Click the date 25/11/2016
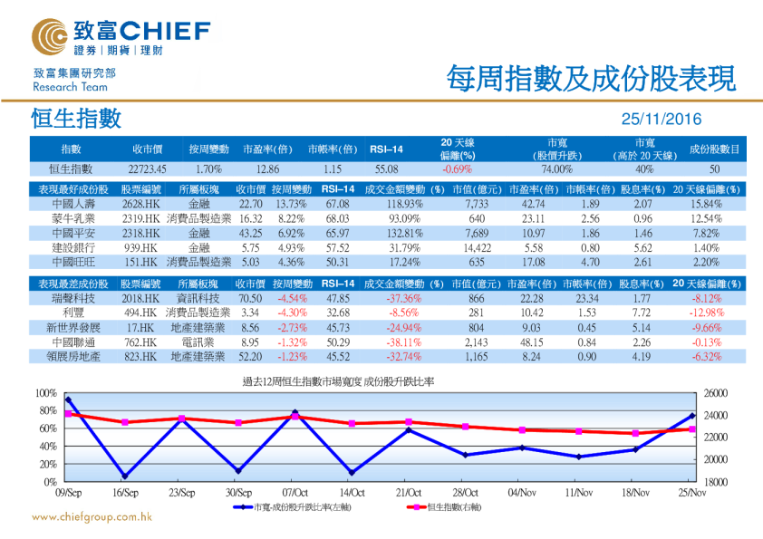[x=661, y=120]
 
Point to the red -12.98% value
[x=706, y=313]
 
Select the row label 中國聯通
[x=74, y=342]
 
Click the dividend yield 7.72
[x=641, y=313]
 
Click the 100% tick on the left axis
[x=45, y=393]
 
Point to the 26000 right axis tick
[x=716, y=393]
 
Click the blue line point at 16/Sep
[x=124, y=476]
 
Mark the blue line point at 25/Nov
[x=692, y=416]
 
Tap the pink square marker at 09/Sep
[x=68, y=414]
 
